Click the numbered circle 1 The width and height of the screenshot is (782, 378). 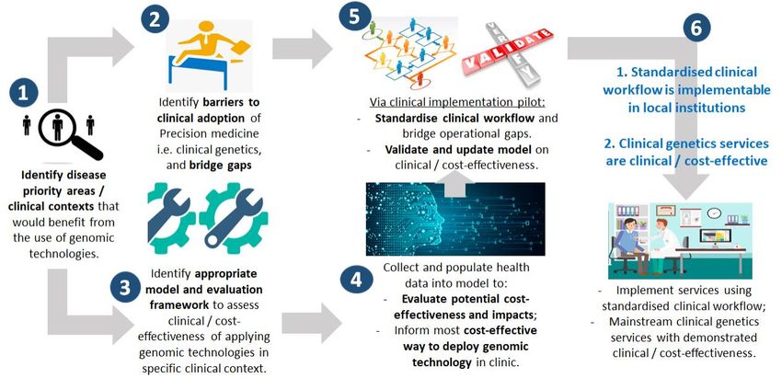[23, 93]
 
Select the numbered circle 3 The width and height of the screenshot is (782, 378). [125, 288]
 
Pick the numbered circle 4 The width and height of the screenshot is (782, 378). [356, 280]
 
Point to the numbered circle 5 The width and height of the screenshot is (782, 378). [353, 17]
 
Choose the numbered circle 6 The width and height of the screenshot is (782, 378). [696, 29]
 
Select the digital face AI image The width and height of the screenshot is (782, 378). [454, 219]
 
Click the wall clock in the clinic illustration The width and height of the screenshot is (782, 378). [714, 213]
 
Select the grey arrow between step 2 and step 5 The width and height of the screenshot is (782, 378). [303, 49]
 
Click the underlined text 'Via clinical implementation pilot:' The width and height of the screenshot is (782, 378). [457, 103]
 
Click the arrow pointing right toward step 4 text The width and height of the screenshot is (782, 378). [312, 324]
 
